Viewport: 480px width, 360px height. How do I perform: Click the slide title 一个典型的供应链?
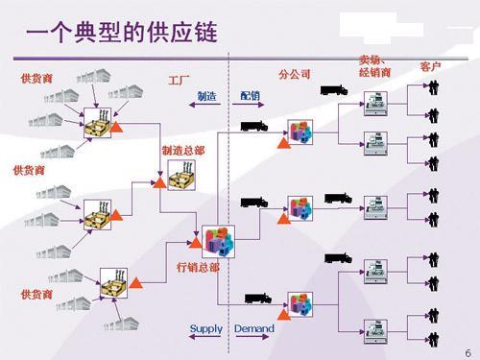pyautogui.click(x=122, y=32)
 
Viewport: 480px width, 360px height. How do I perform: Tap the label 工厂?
pyautogui.click(x=179, y=80)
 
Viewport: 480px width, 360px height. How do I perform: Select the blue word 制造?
pyautogui.click(x=206, y=96)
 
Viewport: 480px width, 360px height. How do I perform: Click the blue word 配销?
pyautogui.click(x=250, y=95)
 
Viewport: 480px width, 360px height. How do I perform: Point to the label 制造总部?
pyautogui.click(x=183, y=151)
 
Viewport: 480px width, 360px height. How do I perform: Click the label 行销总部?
pyautogui.click(x=198, y=267)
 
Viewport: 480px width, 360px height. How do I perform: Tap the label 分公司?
pyautogui.click(x=295, y=74)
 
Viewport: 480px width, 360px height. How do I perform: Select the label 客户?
pyautogui.click(x=430, y=66)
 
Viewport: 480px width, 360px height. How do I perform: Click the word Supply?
pyautogui.click(x=206, y=329)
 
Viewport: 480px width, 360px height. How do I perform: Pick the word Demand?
pyautogui.click(x=254, y=328)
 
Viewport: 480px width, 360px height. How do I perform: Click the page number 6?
pyautogui.click(x=468, y=353)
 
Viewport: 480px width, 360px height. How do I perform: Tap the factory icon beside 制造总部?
pyautogui.click(x=181, y=176)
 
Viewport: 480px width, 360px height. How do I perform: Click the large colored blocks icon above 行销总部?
pyautogui.click(x=219, y=242)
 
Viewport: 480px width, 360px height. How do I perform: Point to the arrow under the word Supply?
pyautogui.click(x=205, y=337)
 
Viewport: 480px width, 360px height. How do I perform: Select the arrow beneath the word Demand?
pyautogui.click(x=252, y=337)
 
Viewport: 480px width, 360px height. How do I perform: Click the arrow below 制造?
pyautogui.click(x=205, y=105)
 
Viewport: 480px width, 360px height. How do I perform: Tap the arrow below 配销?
pyautogui.click(x=248, y=105)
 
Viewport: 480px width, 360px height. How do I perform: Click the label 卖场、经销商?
pyautogui.click(x=374, y=66)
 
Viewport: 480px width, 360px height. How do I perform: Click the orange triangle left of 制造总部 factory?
pyautogui.click(x=159, y=182)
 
